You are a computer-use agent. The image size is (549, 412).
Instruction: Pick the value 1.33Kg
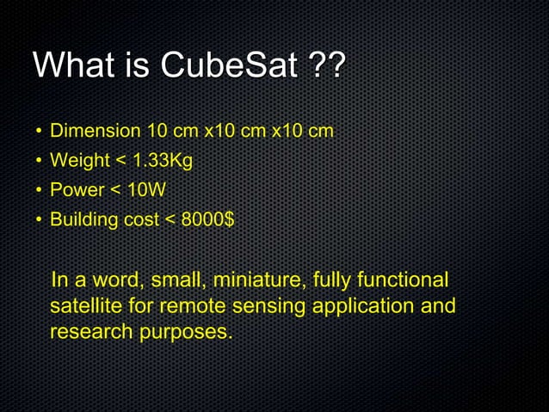161,161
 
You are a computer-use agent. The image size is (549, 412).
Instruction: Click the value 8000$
207,219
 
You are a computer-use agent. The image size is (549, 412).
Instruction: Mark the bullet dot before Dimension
39,132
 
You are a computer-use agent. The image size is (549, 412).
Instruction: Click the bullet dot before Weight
39,162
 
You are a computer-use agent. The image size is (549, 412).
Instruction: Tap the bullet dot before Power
39,191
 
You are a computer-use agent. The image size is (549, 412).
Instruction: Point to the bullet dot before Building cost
39,220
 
